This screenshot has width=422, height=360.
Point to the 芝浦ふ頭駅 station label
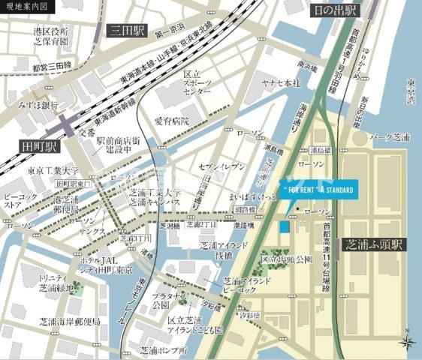point(372,244)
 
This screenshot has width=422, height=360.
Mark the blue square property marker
point(285,226)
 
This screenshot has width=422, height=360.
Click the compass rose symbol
point(408,343)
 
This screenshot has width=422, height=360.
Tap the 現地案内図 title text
point(22,6)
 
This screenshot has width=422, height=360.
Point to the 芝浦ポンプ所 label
point(163,350)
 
